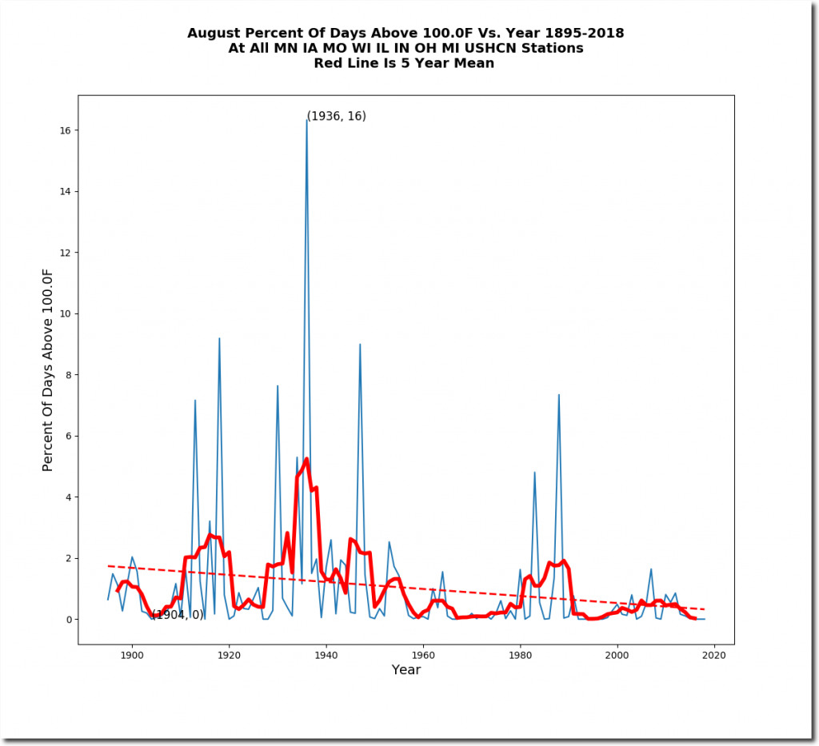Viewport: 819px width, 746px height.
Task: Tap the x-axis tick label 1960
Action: [x=422, y=656]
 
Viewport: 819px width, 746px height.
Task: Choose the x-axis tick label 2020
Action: [x=713, y=656]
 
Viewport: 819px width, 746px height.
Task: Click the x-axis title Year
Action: [x=406, y=670]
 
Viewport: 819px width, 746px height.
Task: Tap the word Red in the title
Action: [x=332, y=64]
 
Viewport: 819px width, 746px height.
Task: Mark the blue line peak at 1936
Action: [x=306, y=119]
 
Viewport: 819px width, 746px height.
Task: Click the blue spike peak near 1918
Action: [x=219, y=338]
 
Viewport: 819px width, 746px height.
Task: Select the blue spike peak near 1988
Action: [x=559, y=394]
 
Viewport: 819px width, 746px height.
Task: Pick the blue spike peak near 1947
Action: [x=360, y=344]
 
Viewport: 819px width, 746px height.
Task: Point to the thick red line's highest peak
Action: [x=306, y=459]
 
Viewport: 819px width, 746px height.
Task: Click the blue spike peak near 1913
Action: [x=194, y=400]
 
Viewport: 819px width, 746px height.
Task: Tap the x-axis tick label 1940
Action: [x=326, y=656]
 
